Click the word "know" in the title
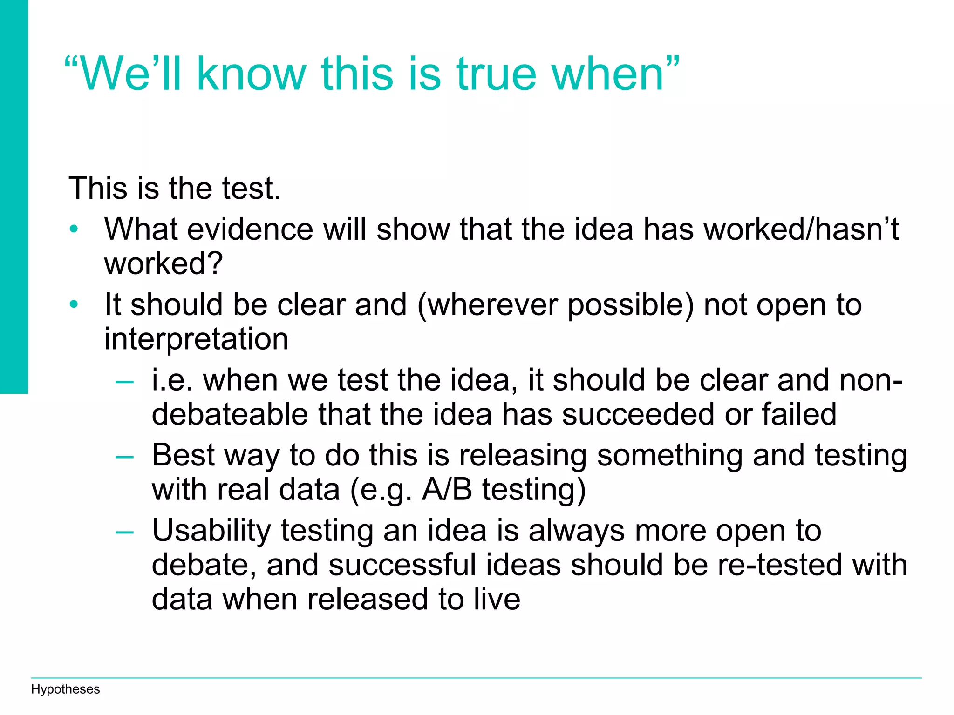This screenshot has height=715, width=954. (252, 74)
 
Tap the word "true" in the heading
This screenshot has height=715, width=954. (496, 74)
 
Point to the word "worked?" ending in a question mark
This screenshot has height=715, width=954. (164, 263)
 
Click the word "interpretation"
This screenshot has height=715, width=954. (196, 339)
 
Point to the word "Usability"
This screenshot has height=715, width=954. (211, 531)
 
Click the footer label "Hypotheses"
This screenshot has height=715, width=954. (65, 689)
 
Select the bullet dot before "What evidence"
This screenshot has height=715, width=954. (74, 229)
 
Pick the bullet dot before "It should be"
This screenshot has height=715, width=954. (74, 305)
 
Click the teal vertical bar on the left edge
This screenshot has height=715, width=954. (14, 196)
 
